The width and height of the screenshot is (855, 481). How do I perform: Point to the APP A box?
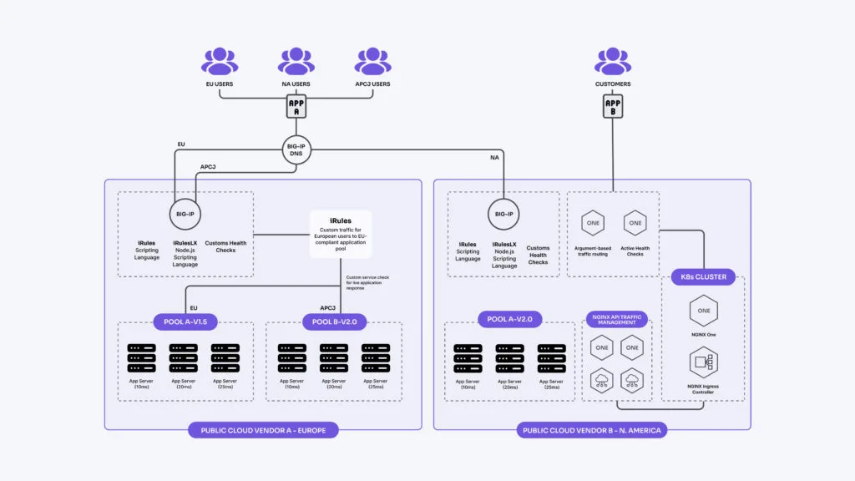(296, 106)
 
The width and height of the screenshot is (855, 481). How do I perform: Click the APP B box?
(613, 106)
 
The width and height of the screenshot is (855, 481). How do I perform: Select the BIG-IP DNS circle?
(296, 151)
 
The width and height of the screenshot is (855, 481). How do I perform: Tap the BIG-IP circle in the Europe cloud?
(185, 214)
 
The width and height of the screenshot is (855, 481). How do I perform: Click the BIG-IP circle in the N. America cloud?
(503, 214)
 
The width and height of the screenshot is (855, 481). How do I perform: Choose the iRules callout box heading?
(341, 221)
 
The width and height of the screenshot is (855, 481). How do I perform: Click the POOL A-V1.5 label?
(185, 322)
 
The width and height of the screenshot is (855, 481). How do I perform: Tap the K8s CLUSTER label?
(703, 277)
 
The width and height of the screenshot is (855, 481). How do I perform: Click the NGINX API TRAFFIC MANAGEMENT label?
(615, 320)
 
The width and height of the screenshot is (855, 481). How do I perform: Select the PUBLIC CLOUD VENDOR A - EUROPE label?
(263, 430)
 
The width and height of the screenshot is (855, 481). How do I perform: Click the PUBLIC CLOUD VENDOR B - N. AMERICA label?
(591, 430)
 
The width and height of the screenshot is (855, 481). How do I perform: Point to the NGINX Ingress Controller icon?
(702, 364)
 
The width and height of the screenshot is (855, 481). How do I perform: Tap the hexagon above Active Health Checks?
(635, 223)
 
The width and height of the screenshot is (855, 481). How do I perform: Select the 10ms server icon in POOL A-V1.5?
(141, 358)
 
